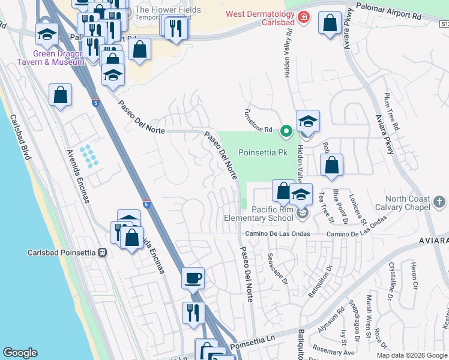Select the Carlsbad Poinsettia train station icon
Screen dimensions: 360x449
coord(103,253)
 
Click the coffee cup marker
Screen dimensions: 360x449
coord(193,278)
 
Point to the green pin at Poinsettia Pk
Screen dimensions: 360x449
coord(287,130)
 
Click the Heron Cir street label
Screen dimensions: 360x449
coord(414,274)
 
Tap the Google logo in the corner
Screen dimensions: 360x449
coord(20,352)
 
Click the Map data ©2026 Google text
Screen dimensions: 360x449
coord(411,355)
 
